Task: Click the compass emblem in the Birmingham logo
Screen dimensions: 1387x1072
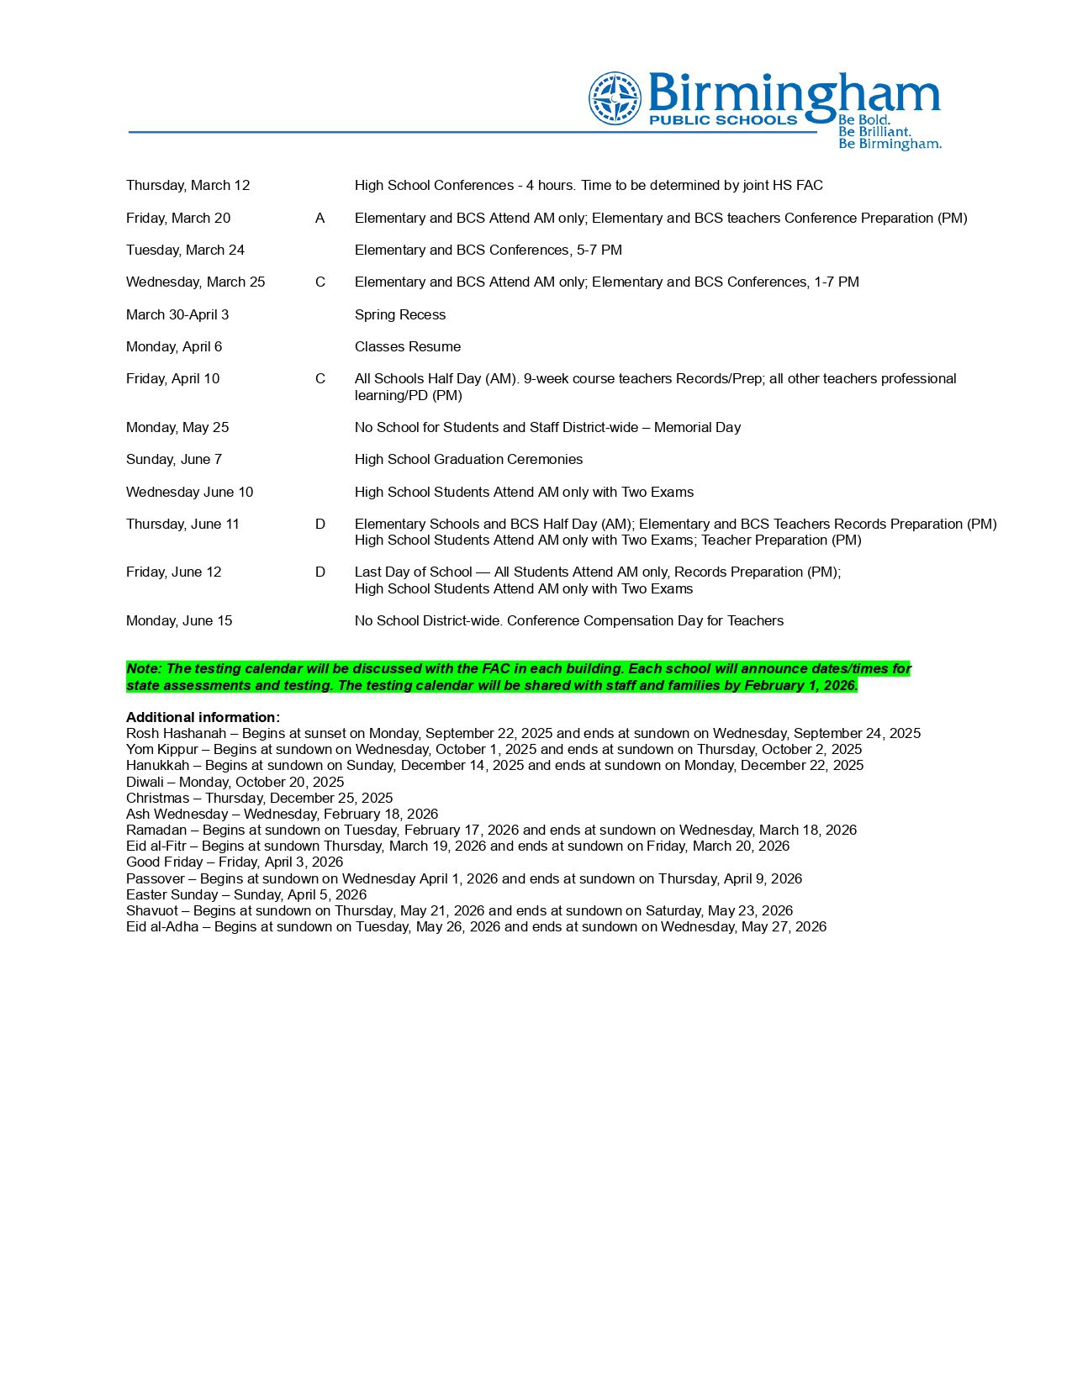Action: point(615,98)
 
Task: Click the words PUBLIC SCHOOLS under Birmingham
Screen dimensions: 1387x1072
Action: point(722,120)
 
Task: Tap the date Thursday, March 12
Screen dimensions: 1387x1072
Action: point(187,186)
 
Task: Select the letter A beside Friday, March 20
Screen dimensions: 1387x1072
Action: point(319,219)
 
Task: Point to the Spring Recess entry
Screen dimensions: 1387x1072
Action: point(399,315)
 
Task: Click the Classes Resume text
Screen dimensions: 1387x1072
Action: point(407,347)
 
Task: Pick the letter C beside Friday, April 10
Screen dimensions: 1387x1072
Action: point(319,379)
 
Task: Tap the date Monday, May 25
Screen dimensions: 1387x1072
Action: point(177,428)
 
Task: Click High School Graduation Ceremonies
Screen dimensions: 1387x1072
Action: point(468,460)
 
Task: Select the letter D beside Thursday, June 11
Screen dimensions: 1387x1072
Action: point(319,525)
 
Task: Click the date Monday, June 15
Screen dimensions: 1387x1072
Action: point(178,621)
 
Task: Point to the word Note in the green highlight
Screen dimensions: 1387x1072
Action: point(143,669)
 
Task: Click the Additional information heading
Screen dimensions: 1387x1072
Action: point(203,718)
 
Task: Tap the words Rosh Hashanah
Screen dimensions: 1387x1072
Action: point(176,734)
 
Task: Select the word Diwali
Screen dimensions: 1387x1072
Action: point(145,783)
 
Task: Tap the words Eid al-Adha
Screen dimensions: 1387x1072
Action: point(162,927)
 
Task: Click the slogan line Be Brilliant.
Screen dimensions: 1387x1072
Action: point(874,132)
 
